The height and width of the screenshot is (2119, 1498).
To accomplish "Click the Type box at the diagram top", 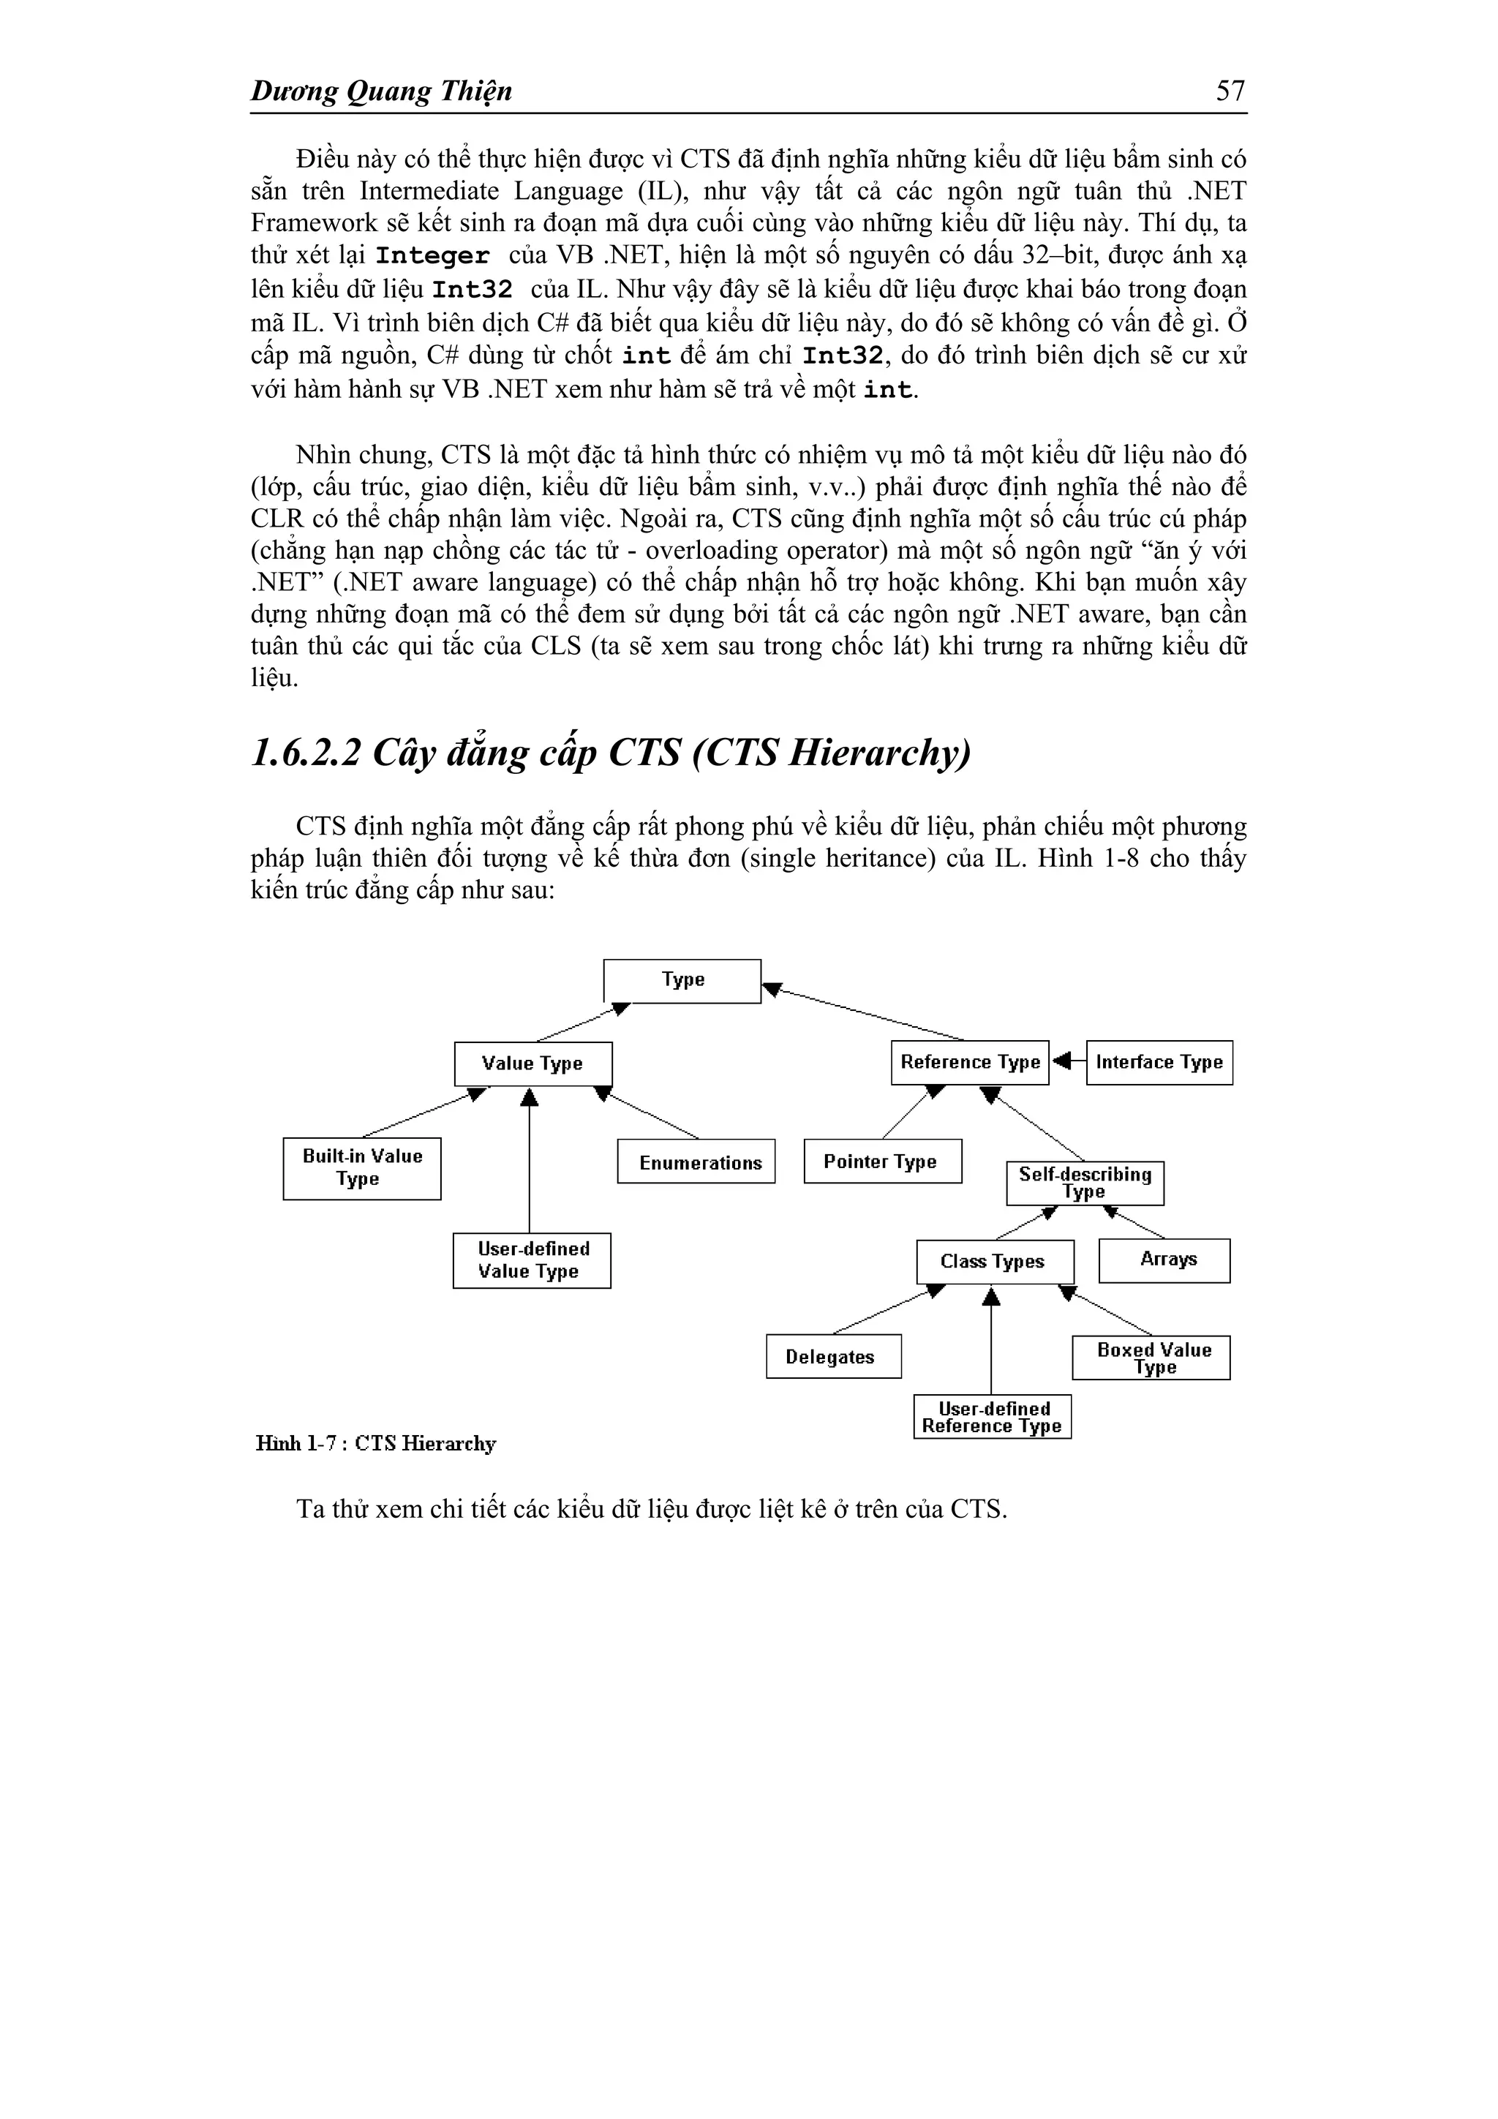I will (682, 981).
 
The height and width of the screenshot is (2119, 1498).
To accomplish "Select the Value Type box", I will (532, 1064).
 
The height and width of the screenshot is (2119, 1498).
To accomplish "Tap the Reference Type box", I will (969, 1062).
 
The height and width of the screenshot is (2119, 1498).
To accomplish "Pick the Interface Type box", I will (1159, 1062).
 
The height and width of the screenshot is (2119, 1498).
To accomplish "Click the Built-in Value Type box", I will (362, 1168).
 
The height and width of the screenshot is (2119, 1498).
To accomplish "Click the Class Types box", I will (994, 1262).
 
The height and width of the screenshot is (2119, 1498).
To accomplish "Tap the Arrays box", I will (1164, 1260).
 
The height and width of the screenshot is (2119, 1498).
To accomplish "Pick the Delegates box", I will (832, 1357).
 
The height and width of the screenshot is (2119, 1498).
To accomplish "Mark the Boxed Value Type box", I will (1151, 1358).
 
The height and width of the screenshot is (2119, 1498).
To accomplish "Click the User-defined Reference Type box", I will (993, 1417).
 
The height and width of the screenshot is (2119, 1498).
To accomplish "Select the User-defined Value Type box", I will (532, 1261).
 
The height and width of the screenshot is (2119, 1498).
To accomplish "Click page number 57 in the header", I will (1230, 91).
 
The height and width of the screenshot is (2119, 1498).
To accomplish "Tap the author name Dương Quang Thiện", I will (381, 91).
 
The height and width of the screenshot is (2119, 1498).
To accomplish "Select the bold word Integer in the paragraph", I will (432, 257).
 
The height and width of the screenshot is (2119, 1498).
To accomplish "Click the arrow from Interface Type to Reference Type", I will (1068, 1061).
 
